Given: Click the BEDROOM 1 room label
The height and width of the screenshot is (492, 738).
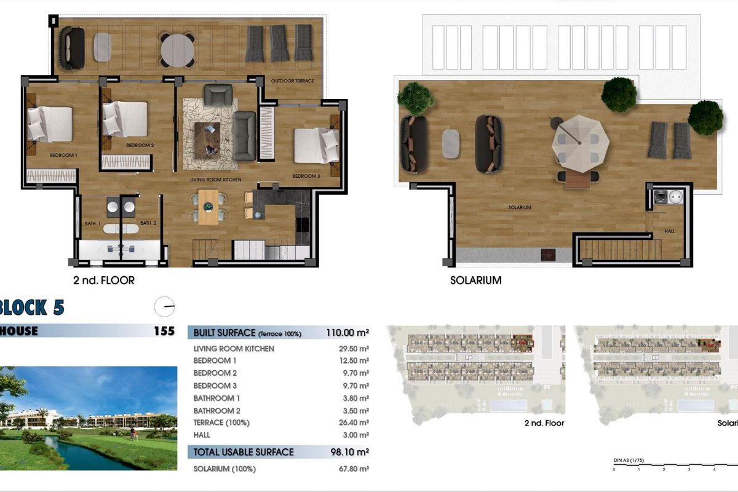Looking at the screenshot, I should (63, 156).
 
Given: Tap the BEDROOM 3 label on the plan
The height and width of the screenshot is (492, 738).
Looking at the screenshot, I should (306, 177).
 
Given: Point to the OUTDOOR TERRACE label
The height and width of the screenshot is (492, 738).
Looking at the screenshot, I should (293, 81).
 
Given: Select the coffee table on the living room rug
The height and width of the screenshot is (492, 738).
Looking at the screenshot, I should (207, 138).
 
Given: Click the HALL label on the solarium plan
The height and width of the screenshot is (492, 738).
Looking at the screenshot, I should (670, 231).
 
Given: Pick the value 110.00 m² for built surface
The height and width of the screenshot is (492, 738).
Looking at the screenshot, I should (347, 333).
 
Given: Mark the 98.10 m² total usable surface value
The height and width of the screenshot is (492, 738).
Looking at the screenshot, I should (349, 452).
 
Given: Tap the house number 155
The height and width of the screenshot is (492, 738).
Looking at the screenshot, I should (164, 331).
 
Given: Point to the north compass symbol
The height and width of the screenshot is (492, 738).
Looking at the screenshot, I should (165, 306).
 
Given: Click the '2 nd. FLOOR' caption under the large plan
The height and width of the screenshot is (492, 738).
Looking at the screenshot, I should (103, 280).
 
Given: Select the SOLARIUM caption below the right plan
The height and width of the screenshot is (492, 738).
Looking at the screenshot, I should (475, 280).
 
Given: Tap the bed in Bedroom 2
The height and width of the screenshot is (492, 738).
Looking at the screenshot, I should (125, 119).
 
